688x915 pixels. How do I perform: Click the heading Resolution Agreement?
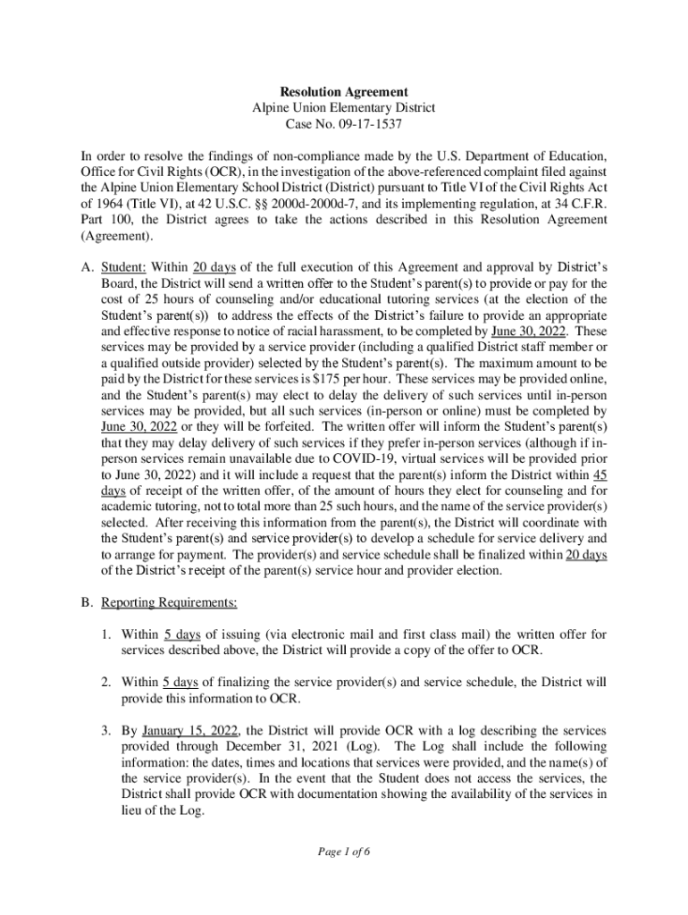(x=344, y=92)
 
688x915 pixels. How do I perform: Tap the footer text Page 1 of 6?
(x=343, y=852)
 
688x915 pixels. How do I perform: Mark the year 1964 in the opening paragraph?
(x=99, y=206)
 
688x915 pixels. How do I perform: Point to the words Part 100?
(x=105, y=222)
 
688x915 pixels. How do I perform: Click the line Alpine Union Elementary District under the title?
(x=344, y=108)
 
